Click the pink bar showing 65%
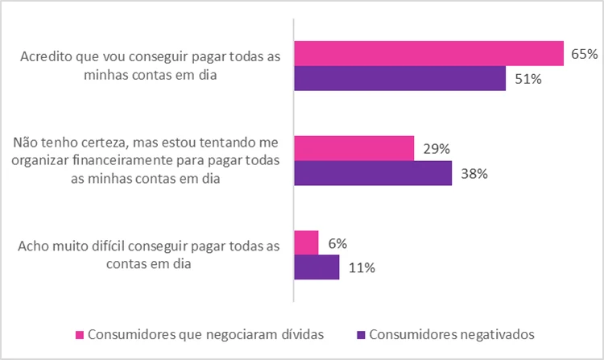[x=428, y=53]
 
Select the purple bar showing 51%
[x=400, y=78]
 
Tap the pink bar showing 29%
[x=354, y=148]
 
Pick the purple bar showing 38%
[x=373, y=173]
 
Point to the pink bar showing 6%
[x=307, y=242]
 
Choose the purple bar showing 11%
[x=316, y=267]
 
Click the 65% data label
[x=583, y=54]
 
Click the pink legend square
[x=79, y=333]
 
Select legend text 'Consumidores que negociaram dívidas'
[x=197, y=333]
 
